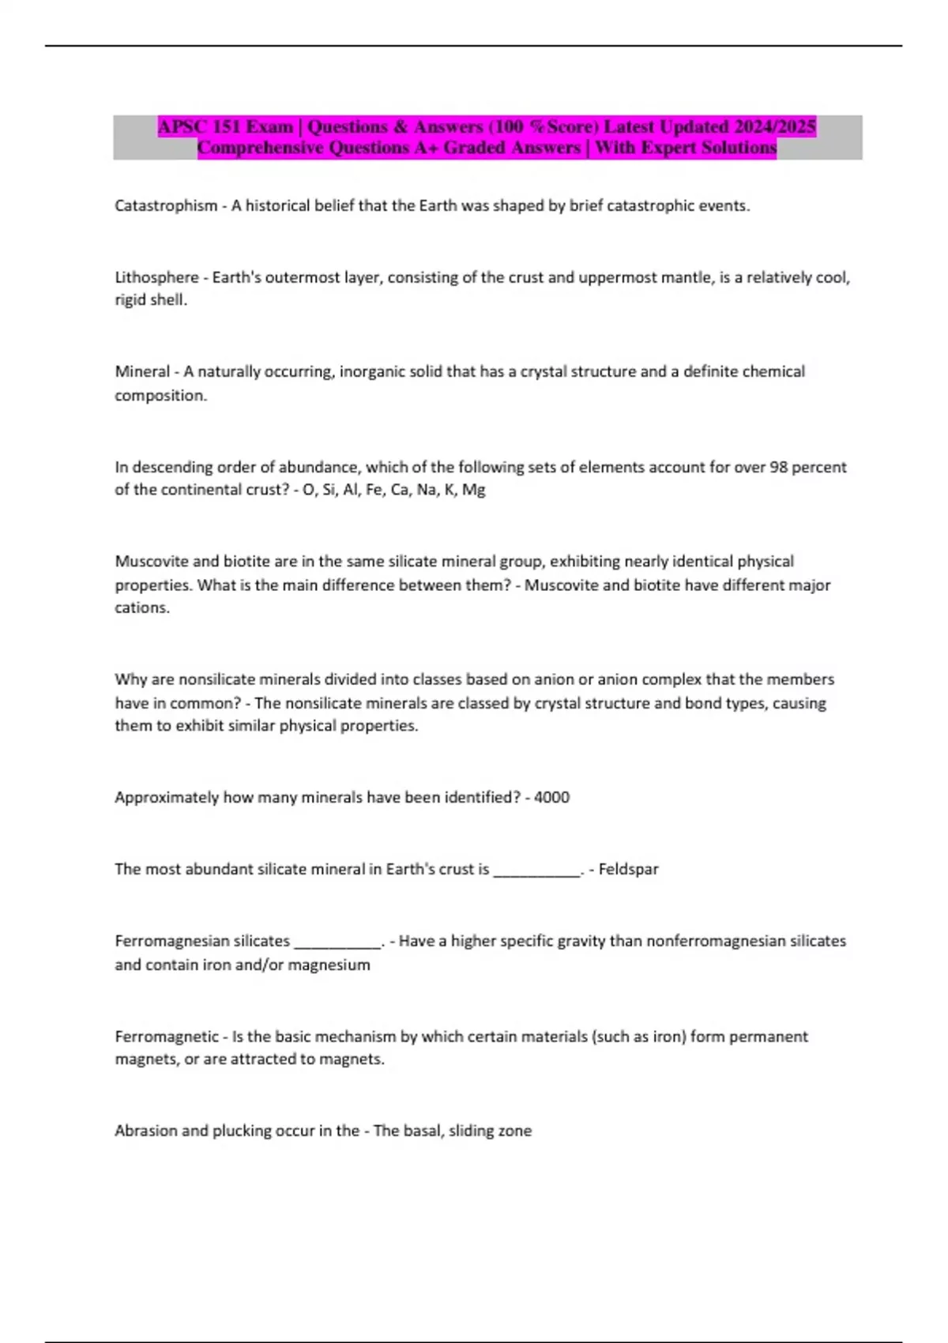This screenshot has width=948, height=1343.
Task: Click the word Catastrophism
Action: (166, 206)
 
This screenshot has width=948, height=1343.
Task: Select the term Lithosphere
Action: (156, 277)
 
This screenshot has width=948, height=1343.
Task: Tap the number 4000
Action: (551, 798)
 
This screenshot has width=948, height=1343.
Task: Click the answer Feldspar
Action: (628, 870)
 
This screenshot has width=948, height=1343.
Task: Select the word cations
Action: (141, 608)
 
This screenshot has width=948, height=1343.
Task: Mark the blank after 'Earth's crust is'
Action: (536, 871)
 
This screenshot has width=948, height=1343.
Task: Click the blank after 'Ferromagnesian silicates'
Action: (337, 942)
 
